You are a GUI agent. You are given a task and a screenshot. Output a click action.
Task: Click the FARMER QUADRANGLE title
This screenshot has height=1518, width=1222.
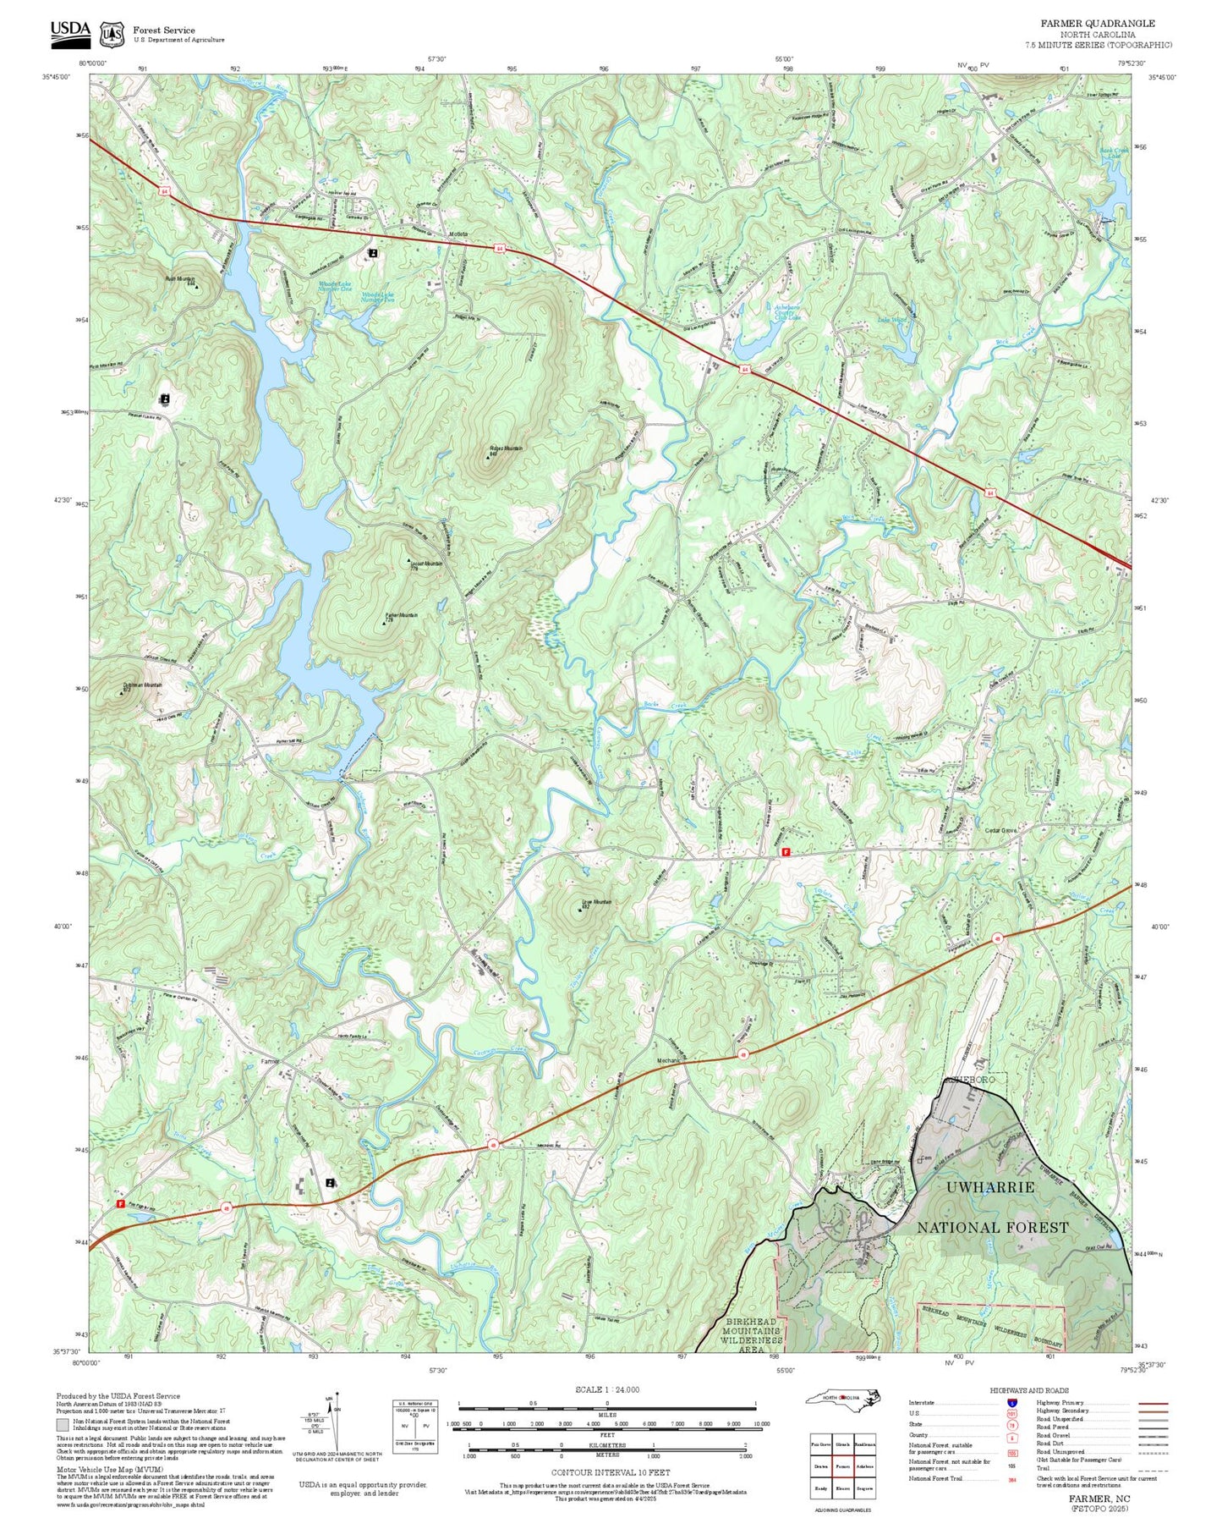1097,24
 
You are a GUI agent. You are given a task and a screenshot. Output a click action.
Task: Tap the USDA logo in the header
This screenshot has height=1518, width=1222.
70,31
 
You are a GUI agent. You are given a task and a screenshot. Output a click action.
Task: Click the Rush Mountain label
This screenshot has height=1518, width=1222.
179,278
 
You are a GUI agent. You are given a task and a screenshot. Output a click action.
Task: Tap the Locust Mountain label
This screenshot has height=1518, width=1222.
426,564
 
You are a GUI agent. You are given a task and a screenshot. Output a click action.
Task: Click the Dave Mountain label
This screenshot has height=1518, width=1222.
596,902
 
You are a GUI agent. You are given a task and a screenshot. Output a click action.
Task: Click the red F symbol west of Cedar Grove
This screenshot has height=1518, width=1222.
786,853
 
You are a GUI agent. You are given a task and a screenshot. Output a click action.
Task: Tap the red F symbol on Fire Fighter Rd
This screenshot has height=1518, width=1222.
120,1203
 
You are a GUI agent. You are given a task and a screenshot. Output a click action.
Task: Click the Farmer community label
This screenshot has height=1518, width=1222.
270,1061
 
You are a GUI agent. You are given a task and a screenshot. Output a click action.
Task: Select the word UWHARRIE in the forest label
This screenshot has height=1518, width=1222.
989,1187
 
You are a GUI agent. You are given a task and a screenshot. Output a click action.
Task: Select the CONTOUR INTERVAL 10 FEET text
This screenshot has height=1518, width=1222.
610,1472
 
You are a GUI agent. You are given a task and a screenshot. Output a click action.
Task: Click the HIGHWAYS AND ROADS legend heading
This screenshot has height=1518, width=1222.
1029,1390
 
